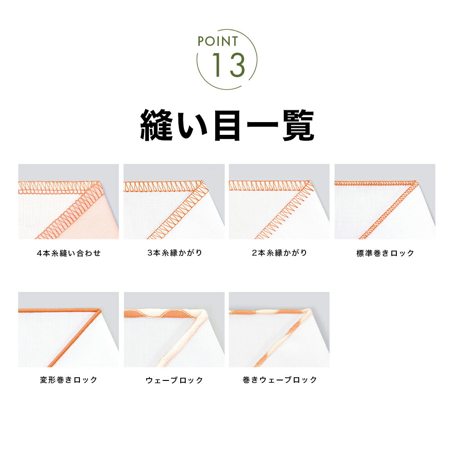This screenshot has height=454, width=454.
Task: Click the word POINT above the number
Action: (x=218, y=41)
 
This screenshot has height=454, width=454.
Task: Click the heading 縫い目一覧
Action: (x=227, y=124)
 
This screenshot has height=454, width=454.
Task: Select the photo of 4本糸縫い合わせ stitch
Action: (x=69, y=202)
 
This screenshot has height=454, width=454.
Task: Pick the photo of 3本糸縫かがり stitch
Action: (x=174, y=202)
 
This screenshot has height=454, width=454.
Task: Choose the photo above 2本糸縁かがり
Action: (x=279, y=202)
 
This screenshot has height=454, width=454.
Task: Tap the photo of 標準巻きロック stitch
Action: (x=385, y=202)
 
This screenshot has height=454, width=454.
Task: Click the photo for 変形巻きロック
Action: (x=69, y=330)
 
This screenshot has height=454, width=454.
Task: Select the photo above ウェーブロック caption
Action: (x=174, y=330)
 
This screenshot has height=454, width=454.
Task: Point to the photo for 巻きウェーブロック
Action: (x=279, y=330)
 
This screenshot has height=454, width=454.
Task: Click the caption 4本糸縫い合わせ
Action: (x=69, y=253)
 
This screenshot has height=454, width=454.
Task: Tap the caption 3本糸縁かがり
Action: (x=174, y=253)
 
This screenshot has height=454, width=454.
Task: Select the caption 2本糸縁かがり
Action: (x=279, y=253)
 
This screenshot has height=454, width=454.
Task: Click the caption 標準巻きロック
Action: (x=385, y=253)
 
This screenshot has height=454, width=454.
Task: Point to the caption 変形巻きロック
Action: (x=69, y=380)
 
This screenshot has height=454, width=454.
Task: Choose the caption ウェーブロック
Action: (x=174, y=380)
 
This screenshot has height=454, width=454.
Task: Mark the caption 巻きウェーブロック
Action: (x=280, y=380)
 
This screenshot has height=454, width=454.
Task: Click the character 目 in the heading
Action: (x=227, y=124)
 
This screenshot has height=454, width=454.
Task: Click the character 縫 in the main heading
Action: (x=157, y=124)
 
